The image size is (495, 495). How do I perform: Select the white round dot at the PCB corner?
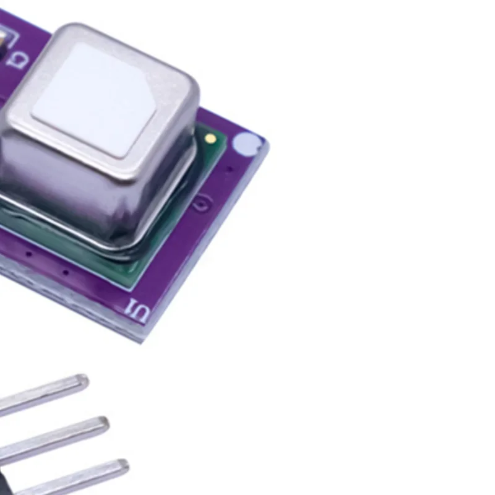click(245, 144)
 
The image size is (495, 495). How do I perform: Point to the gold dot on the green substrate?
click(210, 138)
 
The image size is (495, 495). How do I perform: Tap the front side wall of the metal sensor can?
click(93, 198)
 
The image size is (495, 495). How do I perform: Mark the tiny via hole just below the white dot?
click(230, 168)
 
